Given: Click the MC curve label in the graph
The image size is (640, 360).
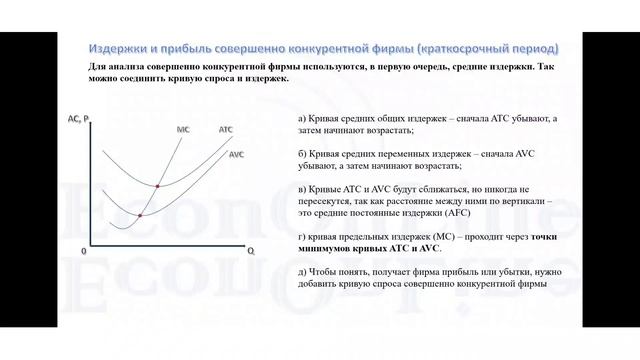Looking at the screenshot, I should tap(183, 130).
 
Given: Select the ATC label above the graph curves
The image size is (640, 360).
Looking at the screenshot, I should tap(226, 130).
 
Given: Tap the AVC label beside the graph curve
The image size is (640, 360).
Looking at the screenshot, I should tap(237, 155).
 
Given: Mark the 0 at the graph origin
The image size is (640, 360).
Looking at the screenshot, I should tap(84, 251).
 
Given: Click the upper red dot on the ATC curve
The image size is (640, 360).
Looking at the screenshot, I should tap(159, 186).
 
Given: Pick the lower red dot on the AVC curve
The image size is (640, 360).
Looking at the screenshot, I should tap(139, 215).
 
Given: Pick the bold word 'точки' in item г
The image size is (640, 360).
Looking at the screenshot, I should tap(546, 236).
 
